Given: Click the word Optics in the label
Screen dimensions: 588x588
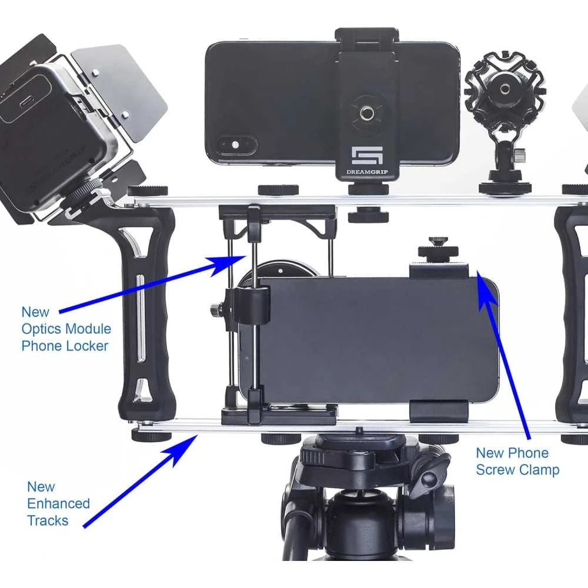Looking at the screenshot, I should click(41, 329).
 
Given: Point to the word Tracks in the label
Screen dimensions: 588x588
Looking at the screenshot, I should click(48, 520).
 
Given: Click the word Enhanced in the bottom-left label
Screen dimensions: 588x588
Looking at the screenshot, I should click(58, 503).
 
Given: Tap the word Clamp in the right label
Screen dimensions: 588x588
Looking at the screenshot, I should click(537, 470).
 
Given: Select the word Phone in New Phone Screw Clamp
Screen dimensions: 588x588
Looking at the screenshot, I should click(527, 453).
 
